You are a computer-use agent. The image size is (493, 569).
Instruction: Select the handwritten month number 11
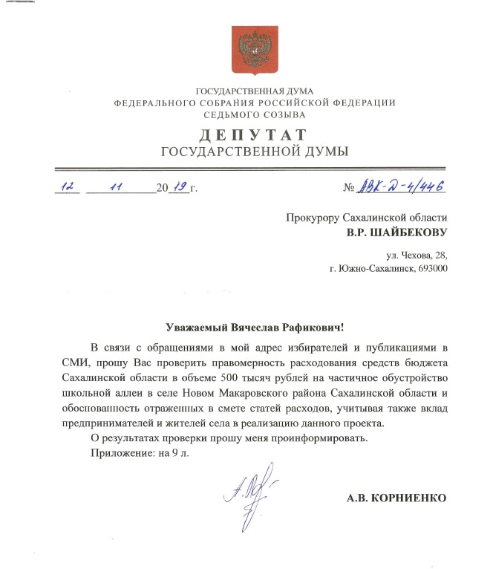(115, 187)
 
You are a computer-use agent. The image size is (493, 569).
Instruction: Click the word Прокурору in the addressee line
(311, 218)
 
